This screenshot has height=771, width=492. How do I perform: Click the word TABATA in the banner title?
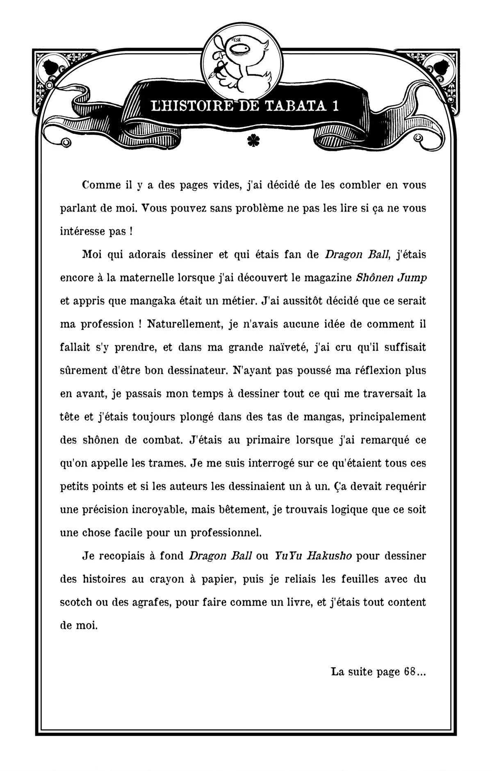[x=295, y=106]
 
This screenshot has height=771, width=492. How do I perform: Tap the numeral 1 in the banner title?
[x=335, y=106]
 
